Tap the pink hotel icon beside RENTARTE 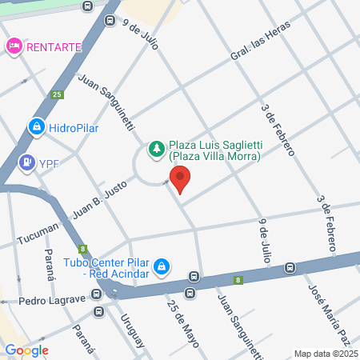click(x=14, y=46)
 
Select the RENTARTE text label click(x=54, y=46)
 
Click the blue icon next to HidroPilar click(x=36, y=126)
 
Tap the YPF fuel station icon click(x=27, y=162)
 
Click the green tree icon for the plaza click(x=156, y=148)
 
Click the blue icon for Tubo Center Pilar click(x=162, y=265)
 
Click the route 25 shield click(x=57, y=94)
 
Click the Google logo click(x=26, y=350)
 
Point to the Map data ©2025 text click(x=325, y=353)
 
